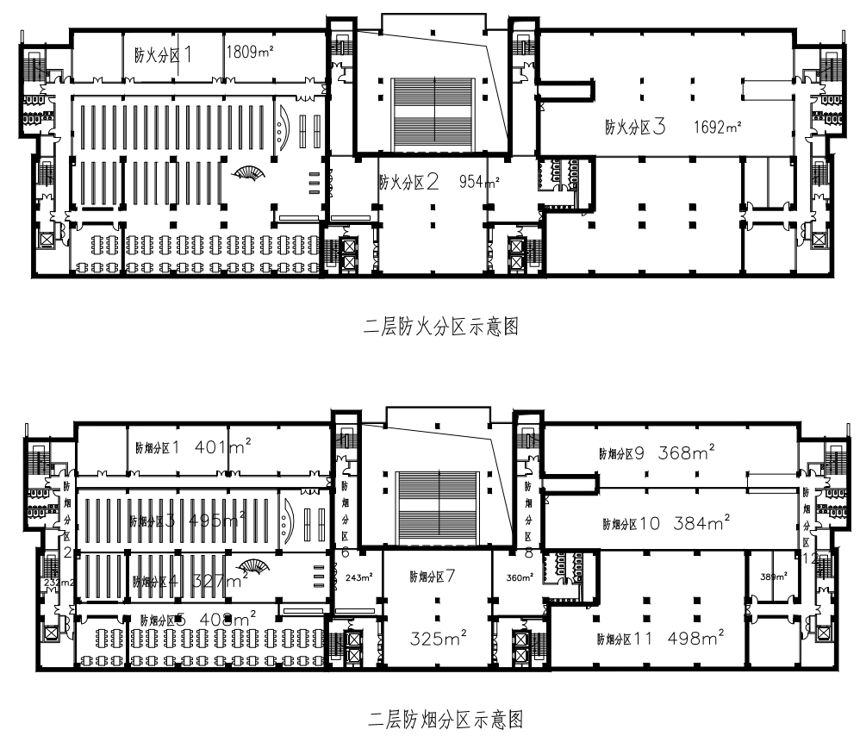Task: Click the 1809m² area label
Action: click(250, 53)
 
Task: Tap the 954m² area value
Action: click(479, 182)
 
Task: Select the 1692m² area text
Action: click(718, 128)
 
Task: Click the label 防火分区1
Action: click(164, 53)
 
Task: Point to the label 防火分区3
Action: click(636, 128)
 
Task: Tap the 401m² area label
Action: click(222, 446)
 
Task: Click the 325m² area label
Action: click(437, 639)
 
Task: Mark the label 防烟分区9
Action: click(623, 452)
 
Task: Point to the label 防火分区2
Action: click(410, 182)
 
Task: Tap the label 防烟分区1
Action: click(157, 447)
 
